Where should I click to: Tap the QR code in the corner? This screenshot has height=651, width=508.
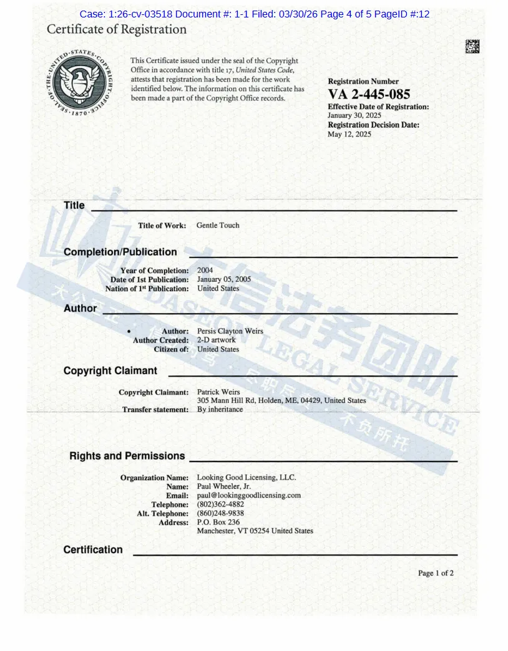(472, 46)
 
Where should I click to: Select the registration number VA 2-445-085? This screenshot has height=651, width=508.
(369, 94)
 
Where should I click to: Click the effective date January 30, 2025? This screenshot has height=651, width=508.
(354, 115)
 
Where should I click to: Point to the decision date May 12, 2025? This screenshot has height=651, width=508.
(349, 134)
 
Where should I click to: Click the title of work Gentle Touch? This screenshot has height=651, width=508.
(218, 225)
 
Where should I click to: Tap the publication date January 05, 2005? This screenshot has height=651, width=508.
(224, 279)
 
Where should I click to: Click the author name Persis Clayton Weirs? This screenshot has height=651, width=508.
(230, 331)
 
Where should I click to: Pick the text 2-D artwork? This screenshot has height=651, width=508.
(217, 340)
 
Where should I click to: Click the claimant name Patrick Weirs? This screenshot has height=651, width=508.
(218, 392)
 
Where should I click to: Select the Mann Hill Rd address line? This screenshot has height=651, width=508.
(281, 400)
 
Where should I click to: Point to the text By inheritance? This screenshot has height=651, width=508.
(220, 409)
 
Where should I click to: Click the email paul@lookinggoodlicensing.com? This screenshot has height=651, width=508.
(249, 495)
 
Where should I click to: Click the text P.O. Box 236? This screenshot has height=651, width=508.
(218, 522)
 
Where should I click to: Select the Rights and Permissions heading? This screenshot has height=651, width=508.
(127, 456)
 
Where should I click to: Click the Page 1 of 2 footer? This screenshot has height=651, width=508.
(436, 573)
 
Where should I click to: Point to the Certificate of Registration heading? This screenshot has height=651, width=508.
(117, 29)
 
